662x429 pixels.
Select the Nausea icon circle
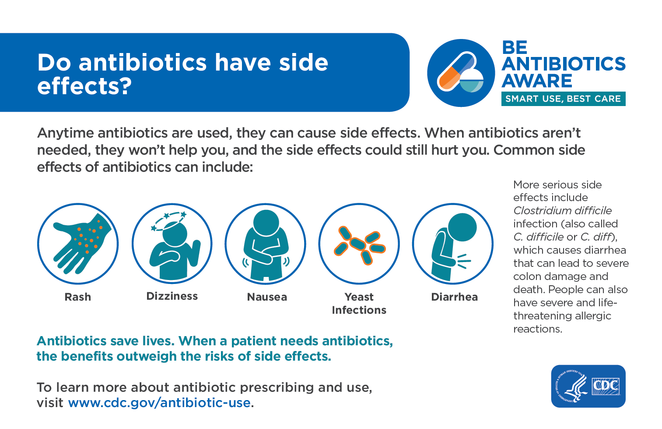[266, 244]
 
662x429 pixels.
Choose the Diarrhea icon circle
[453, 244]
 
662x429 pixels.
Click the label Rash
[78, 297]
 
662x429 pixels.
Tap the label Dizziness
[172, 296]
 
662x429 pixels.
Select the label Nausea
[267, 297]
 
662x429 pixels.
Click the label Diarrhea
[455, 297]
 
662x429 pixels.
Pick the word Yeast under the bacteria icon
[359, 297]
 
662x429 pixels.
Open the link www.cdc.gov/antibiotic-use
[159, 403]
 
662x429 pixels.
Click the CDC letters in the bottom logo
[606, 386]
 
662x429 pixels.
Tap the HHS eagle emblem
[571, 386]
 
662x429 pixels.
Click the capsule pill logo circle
[461, 73]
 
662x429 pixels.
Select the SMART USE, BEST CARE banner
[563, 99]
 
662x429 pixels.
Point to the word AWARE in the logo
[537, 81]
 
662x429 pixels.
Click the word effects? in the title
[84, 86]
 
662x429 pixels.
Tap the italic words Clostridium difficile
[562, 210]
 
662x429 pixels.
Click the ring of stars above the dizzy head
[169, 221]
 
